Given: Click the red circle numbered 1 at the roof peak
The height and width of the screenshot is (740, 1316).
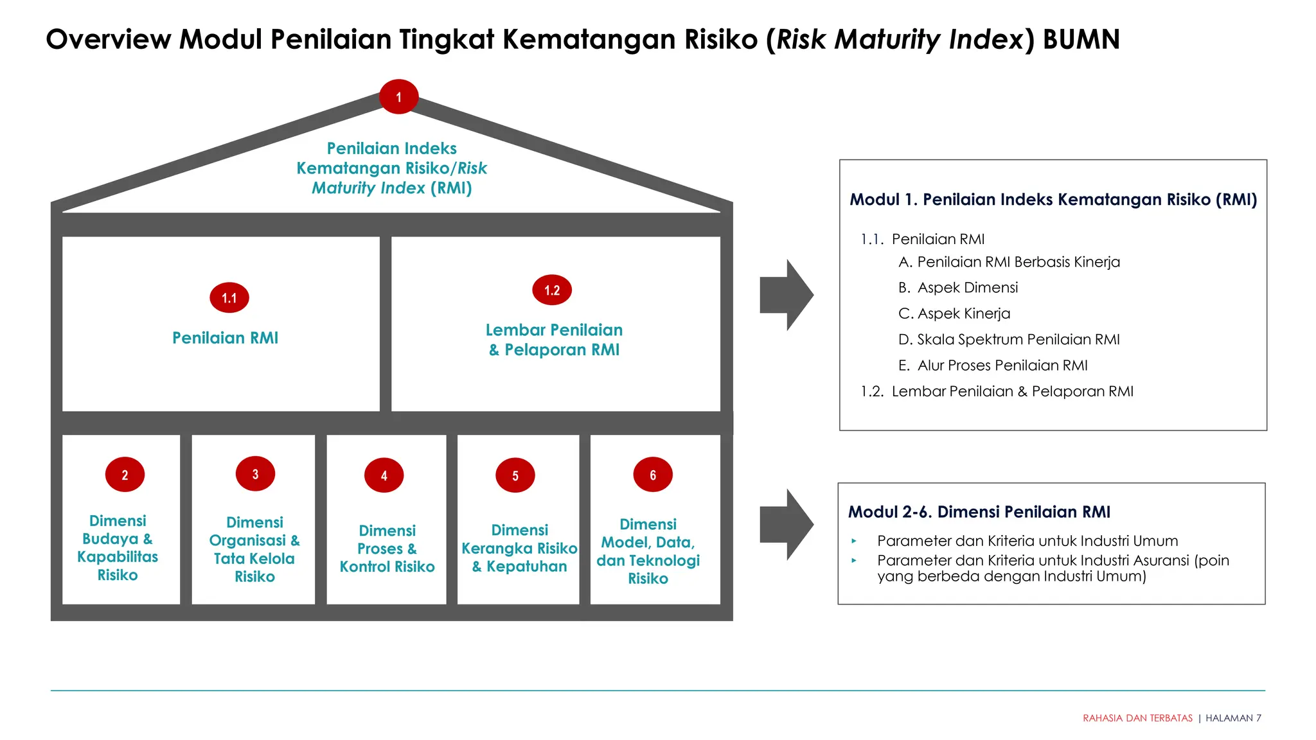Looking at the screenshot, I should pos(398,97).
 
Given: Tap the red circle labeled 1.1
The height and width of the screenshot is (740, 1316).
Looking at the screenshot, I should pos(229,297).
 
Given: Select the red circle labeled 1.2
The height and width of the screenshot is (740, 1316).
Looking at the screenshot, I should pos(552,290).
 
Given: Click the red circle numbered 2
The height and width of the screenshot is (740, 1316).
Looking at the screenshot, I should pos(125,475).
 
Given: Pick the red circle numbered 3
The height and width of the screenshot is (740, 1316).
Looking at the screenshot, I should pos(255,474).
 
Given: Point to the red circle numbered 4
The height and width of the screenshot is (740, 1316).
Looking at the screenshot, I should pos(384,475).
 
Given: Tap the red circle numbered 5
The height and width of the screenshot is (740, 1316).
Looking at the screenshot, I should pos(515,475).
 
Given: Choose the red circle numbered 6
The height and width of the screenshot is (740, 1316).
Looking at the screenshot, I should pos(652,475).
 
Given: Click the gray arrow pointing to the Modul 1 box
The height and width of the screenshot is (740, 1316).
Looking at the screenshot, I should pos(786,295).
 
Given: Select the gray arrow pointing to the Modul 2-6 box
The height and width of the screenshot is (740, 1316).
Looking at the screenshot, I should pos(786,524).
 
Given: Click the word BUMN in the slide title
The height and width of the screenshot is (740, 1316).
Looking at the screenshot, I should pos(1081,39).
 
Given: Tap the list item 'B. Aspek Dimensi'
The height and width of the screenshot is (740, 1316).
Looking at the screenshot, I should pos(958,288).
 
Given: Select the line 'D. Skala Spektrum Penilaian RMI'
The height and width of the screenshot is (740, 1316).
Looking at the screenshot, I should pos(1009,339).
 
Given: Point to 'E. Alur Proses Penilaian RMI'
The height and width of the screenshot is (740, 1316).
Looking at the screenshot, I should pos(993,366).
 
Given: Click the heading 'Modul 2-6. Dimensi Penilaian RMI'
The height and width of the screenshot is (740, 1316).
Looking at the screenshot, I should pos(979,512).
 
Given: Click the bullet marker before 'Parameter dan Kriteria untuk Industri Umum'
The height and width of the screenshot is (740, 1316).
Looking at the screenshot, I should pos(854,542).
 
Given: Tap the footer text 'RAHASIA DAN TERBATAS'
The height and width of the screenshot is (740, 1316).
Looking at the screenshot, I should pos(1137,718).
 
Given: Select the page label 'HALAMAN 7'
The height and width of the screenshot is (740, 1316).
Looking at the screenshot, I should pos(1233,718).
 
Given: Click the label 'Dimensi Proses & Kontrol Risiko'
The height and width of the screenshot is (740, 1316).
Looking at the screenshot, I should pos(387,549).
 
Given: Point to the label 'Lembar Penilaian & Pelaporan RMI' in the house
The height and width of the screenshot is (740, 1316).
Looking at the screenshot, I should pos(554,340).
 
